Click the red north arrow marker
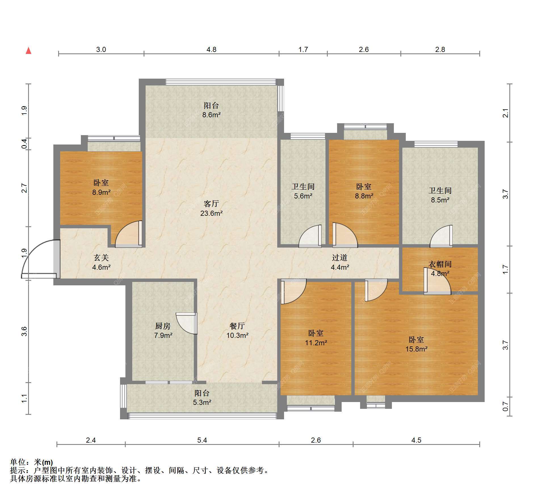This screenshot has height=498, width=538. tap(28, 51)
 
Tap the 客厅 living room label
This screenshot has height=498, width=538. tap(211, 204)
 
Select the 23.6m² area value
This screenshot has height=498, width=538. tap(211, 213)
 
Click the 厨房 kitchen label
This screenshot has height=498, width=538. tap(163, 326)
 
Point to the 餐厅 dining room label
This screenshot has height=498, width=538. tap(237, 326)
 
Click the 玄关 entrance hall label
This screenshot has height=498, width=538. tap(101, 258)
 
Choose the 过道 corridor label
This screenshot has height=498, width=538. tap(340, 258)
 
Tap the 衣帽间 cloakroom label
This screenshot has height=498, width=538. tap(440, 264)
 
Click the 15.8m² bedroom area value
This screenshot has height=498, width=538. tap(416, 349)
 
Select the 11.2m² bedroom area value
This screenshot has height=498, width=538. tap(316, 343)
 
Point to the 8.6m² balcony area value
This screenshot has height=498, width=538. tap(211, 115)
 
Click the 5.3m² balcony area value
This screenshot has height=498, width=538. tap(202, 402)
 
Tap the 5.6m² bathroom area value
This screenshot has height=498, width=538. tap(303, 196)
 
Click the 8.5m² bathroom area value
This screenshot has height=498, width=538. tap(440, 200)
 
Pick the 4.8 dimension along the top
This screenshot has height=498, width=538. tap(211, 49)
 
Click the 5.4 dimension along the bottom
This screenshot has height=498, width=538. tap(202, 440)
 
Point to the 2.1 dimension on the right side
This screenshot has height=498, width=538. tap(505, 113)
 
